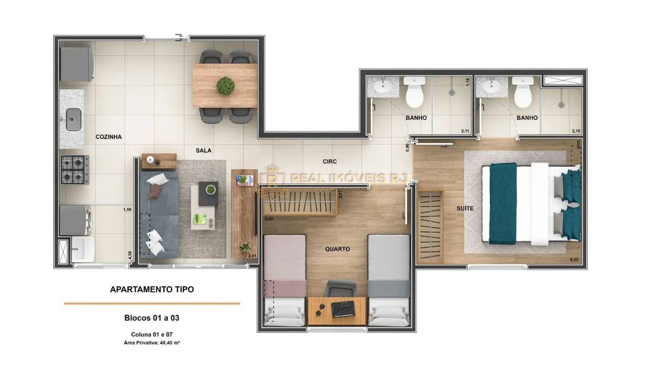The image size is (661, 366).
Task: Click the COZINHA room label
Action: click(x=109, y=137)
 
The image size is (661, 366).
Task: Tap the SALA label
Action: click(x=203, y=150)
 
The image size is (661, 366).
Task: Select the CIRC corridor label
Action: click(x=330, y=162)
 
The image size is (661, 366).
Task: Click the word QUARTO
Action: click(x=337, y=249)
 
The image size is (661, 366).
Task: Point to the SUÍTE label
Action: click(x=465, y=208)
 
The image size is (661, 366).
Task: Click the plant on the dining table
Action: click(x=225, y=86)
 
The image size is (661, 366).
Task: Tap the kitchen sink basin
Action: click(x=73, y=119)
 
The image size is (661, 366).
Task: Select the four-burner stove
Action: click(x=74, y=169)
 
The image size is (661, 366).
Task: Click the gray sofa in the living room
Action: click(x=159, y=213)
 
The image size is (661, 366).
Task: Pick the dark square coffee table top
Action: click(x=209, y=193)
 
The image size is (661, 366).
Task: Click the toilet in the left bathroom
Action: click(x=414, y=92)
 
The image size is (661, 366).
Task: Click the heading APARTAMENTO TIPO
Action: click(x=152, y=289)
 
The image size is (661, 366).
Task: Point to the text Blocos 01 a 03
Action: click(x=152, y=318)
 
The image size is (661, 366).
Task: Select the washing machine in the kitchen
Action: click(x=76, y=220)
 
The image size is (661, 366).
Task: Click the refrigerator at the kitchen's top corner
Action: click(x=76, y=64)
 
